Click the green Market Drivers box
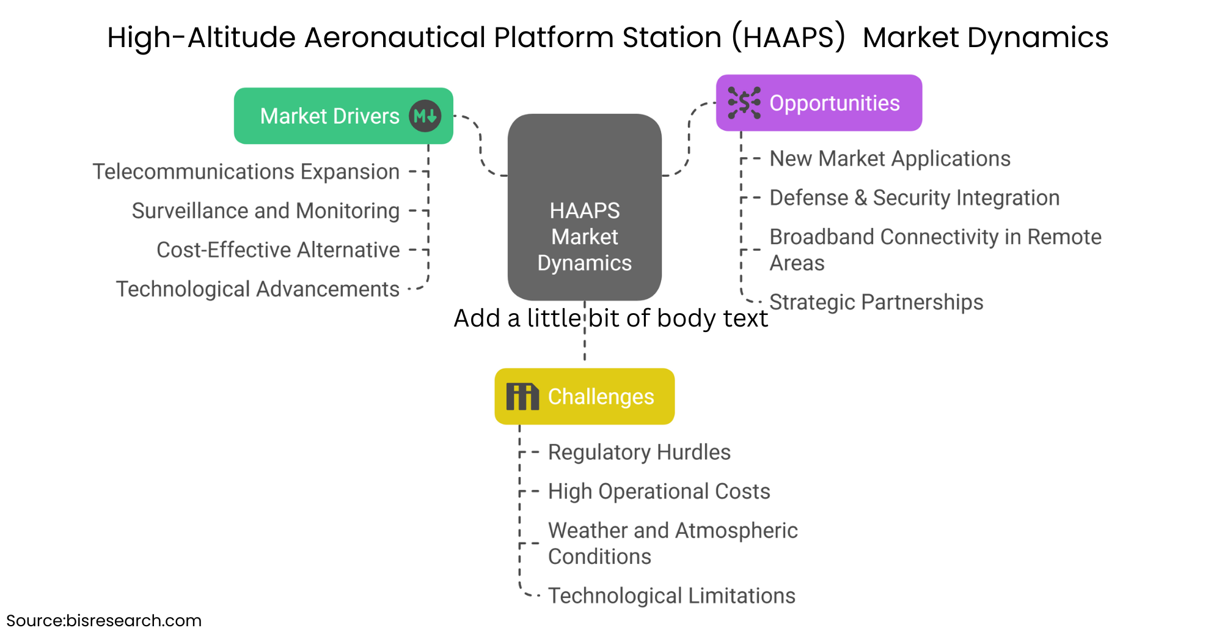click(330, 116)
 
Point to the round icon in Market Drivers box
click(425, 116)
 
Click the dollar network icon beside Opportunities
click(744, 103)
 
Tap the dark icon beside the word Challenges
click(522, 397)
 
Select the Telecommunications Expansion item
click(246, 172)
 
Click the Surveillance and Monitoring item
click(266, 211)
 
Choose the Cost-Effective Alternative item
click(278, 250)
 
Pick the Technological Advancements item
click(258, 289)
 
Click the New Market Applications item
click(890, 159)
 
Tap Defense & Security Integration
click(914, 198)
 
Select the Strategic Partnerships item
click(876, 302)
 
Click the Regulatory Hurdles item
click(639, 453)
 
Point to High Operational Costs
click(659, 492)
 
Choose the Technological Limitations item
click(671, 596)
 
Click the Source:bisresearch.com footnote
click(104, 621)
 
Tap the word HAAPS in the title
click(789, 37)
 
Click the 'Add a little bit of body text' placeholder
click(611, 319)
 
